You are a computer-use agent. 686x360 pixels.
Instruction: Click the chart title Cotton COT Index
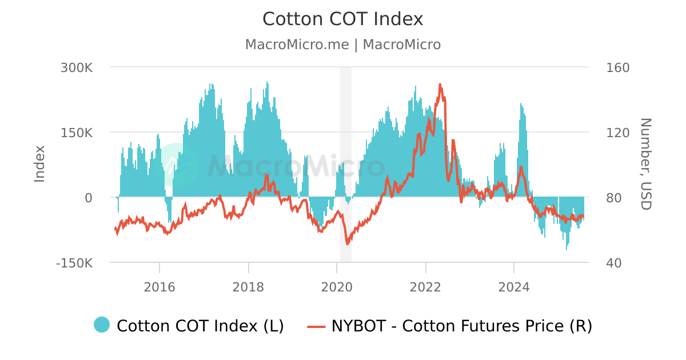[342, 19]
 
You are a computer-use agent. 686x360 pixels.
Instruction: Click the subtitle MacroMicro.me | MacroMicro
[342, 45]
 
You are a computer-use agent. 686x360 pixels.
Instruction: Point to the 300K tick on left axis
[77, 67]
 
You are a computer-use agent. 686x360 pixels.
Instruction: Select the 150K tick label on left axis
[77, 133]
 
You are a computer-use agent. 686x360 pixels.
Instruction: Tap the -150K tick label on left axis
[74, 263]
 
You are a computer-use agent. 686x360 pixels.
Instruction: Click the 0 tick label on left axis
[88, 198]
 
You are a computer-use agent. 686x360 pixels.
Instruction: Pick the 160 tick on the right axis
[617, 67]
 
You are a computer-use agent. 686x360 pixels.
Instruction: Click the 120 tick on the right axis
[617, 133]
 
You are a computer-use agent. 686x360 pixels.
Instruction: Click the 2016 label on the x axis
[159, 286]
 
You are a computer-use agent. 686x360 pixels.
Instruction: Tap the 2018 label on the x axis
[248, 286]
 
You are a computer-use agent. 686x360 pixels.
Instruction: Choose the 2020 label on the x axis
[337, 286]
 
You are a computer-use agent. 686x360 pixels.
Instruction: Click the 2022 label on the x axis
[425, 286]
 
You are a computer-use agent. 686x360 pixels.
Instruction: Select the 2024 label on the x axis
[514, 286]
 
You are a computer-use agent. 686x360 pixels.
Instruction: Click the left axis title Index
[39, 164]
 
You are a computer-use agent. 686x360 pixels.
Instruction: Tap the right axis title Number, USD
[645, 164]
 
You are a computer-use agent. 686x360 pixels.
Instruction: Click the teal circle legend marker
[102, 325]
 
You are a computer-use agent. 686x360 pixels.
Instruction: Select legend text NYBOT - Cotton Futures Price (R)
[462, 326]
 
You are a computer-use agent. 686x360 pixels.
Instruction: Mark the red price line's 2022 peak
[440, 85]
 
